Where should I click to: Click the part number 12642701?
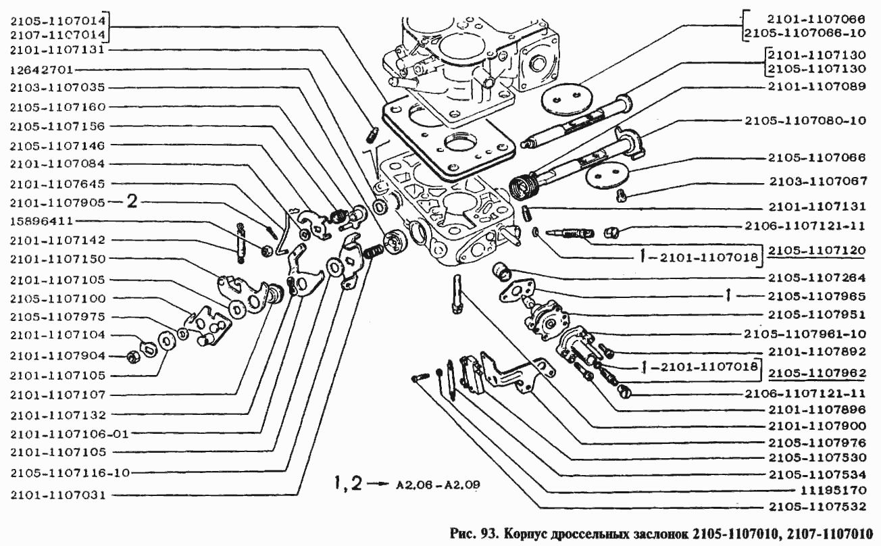42,69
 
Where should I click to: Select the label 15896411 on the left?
42,221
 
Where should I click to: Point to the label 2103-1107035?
56,88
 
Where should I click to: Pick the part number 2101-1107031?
56,495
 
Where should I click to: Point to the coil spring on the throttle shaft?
525,184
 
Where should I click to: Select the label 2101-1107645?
56,183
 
